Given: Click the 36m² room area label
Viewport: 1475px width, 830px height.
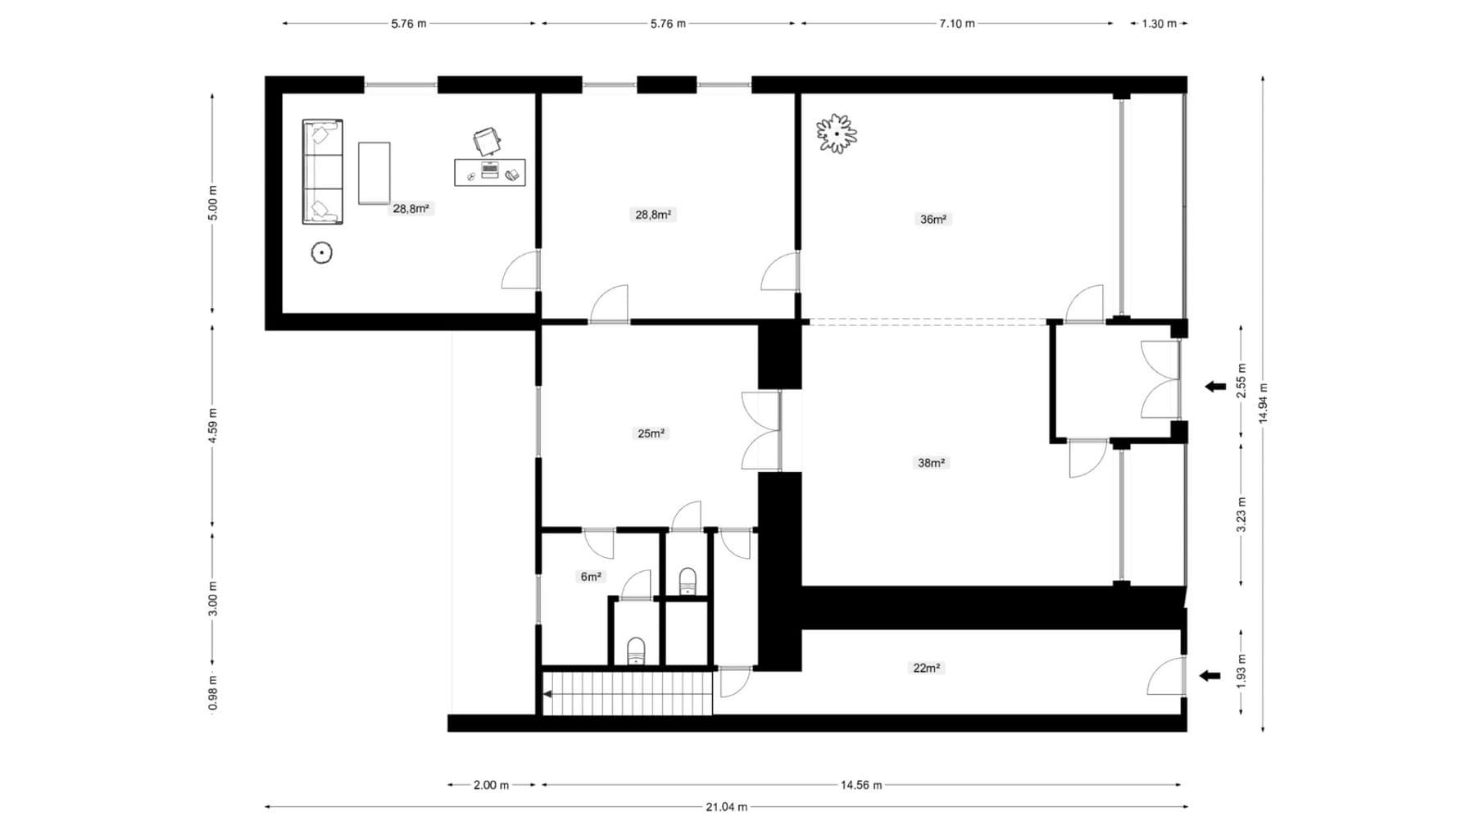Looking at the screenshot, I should coord(933,219).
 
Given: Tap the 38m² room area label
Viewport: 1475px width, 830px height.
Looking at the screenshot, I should coord(931,463).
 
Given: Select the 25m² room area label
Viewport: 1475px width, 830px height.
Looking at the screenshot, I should coord(651,433).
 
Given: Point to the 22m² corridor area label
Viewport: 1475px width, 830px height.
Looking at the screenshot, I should coord(926,668).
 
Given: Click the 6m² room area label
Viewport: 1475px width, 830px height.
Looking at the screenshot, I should coord(591,577).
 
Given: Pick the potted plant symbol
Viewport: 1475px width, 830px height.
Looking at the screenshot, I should coord(836,133).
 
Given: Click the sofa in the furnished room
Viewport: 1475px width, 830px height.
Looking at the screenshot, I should coord(322,171).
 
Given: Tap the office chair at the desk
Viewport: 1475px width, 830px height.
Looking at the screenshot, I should coord(487,141).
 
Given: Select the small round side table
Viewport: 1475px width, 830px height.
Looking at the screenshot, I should coord(322,253).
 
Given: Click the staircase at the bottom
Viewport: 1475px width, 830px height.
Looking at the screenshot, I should coord(627,693).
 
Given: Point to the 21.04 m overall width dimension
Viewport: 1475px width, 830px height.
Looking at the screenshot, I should coord(726,807).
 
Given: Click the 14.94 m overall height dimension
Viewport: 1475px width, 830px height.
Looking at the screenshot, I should coord(1263,403).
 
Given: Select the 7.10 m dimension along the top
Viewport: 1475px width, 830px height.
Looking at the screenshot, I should coord(956,24).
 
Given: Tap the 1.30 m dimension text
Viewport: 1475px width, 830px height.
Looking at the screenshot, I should coord(1159,24).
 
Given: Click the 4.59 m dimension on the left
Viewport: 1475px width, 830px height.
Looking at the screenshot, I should coord(213,426).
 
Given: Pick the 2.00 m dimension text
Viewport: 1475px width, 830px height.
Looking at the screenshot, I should coord(491,785).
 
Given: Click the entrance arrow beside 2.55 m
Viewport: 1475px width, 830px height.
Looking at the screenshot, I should coord(1214,387).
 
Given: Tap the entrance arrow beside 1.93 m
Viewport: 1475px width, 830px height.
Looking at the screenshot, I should coord(1209,676).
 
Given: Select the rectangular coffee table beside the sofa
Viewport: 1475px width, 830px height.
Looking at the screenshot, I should coord(374,173).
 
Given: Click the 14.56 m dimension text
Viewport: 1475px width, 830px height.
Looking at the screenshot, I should coord(860,785).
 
